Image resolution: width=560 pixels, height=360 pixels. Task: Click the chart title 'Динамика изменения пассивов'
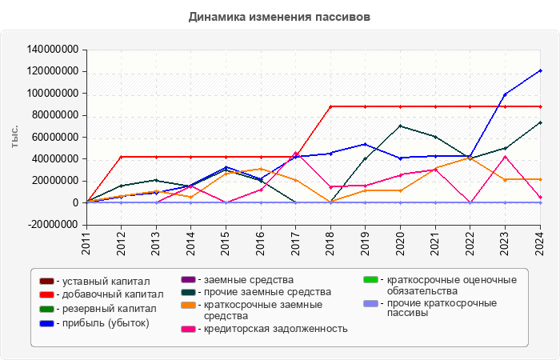point(280,17)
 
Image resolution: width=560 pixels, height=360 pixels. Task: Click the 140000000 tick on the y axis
point(52,50)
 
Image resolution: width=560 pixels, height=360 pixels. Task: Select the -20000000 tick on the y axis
point(54,225)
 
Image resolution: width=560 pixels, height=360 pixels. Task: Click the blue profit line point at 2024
point(540,70)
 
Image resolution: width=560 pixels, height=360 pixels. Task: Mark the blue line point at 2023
point(505,94)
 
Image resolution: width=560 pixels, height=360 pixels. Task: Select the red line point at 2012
point(122,157)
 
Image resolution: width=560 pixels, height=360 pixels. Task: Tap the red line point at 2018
point(330,106)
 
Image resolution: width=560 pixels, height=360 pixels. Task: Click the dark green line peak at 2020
point(400,126)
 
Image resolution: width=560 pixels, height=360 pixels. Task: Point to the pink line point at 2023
point(505,157)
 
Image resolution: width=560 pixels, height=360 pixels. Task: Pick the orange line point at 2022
point(470,158)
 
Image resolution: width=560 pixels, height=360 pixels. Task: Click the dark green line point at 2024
point(540,122)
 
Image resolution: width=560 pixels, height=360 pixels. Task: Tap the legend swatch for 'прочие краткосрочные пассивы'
point(370,304)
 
